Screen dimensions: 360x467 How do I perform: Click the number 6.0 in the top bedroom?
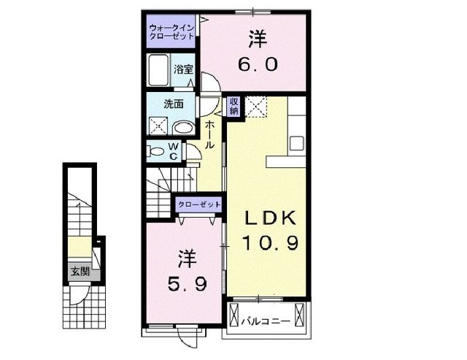point(255,64)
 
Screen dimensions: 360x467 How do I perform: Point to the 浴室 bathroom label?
point(183,70)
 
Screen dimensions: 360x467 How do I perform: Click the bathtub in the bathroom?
point(158,71)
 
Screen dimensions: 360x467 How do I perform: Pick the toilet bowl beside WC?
point(155,151)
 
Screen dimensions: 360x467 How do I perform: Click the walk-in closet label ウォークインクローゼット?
point(170,31)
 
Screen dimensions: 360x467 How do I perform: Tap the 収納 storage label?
point(233,107)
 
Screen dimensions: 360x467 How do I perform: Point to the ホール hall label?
point(209,134)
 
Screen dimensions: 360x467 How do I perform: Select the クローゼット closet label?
point(196,204)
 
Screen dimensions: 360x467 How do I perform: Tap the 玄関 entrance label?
point(80,272)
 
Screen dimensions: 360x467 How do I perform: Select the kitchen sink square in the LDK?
point(296,142)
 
